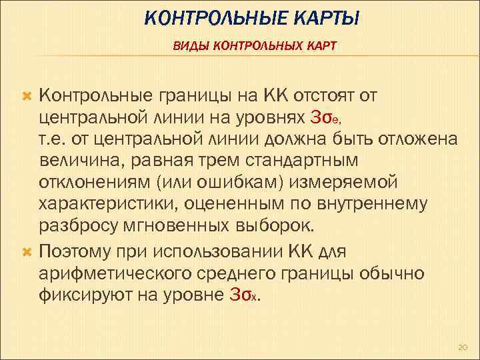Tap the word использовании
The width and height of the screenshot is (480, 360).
216,251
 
